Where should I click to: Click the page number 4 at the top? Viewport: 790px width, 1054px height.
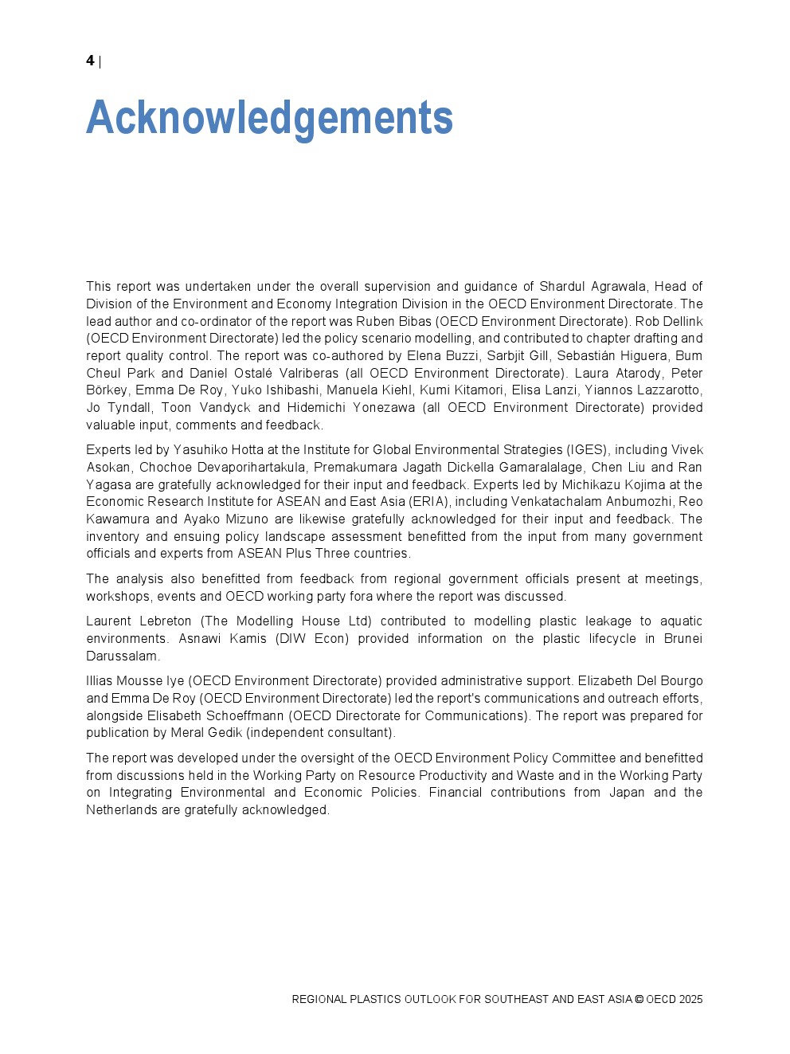[x=90, y=61]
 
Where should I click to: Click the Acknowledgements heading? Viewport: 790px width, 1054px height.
[x=269, y=118]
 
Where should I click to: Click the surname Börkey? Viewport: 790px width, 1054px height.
[x=107, y=390]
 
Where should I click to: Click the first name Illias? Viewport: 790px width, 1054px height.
[x=100, y=681]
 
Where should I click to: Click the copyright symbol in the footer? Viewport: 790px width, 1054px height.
[x=639, y=1000]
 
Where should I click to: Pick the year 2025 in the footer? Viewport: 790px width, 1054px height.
[x=691, y=1000]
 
